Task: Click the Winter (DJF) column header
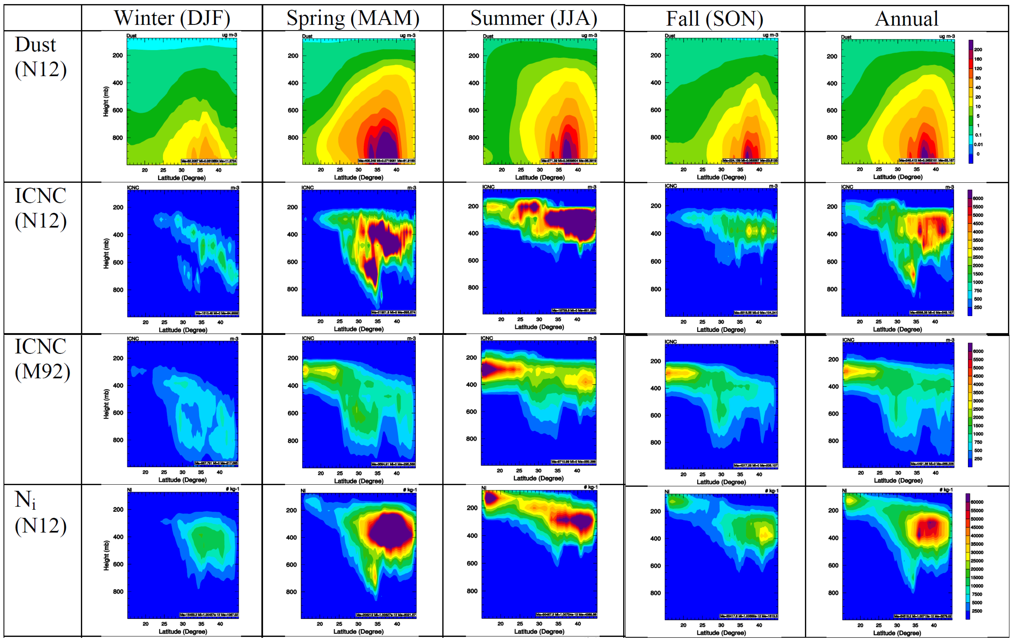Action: (x=172, y=18)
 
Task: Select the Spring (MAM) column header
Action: (x=353, y=18)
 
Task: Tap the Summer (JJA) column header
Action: (x=534, y=18)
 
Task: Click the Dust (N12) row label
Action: (x=40, y=57)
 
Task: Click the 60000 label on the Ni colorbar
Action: (x=977, y=502)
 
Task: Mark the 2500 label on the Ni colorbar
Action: (x=977, y=611)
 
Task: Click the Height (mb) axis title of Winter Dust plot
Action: (x=106, y=102)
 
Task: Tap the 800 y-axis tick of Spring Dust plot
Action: (x=293, y=137)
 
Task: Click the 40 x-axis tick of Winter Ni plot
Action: (x=220, y=624)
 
